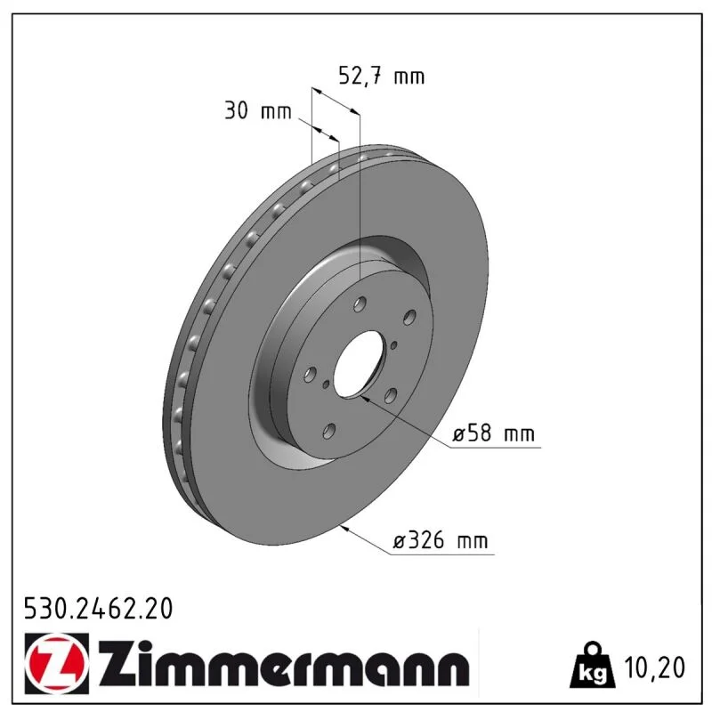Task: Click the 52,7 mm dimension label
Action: [x=382, y=76]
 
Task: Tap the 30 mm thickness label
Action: [x=258, y=110]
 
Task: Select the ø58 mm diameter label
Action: [x=494, y=433]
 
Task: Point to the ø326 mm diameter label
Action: [x=440, y=540]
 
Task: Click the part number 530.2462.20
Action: [x=98, y=609]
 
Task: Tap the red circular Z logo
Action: [x=57, y=663]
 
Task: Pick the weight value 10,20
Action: [x=654, y=667]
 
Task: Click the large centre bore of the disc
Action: [x=358, y=364]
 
